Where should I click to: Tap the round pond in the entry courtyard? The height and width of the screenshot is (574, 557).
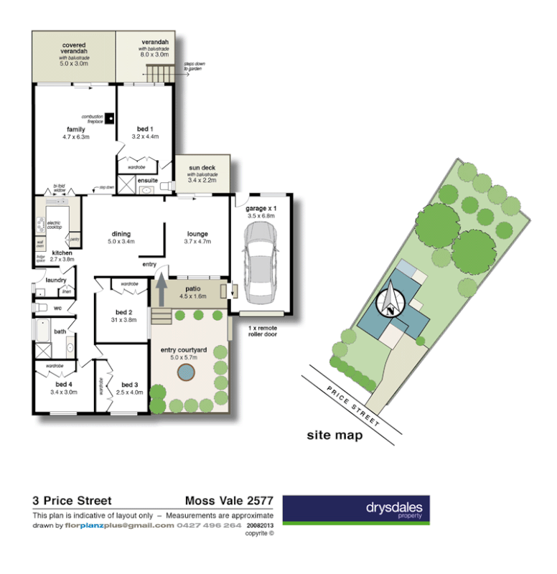pos(187,372)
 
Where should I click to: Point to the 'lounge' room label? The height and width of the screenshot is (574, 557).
pos(197,234)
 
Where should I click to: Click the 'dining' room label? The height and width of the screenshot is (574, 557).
pos(121,234)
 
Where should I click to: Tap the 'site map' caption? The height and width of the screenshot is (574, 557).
pos(334,435)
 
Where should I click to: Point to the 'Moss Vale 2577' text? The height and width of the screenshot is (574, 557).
pos(229,501)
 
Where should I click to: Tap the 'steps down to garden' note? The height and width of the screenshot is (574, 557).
pos(194,66)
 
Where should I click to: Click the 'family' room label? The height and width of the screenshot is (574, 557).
pos(75,129)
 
